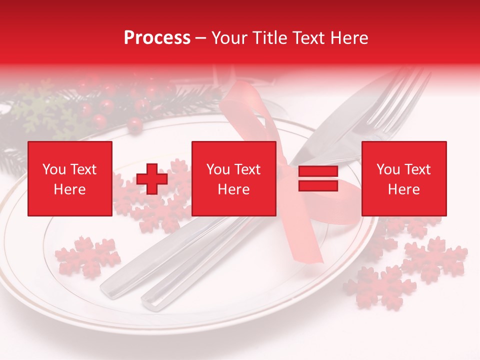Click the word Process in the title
click(157, 38)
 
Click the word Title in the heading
click(268, 38)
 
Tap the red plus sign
click(152, 179)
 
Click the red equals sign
click(318, 178)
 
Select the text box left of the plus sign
click(70, 178)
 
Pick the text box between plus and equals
click(234, 178)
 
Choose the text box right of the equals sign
click(404, 178)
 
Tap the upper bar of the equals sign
click(318, 171)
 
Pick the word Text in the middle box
click(247, 169)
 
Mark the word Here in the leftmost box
click(70, 189)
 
